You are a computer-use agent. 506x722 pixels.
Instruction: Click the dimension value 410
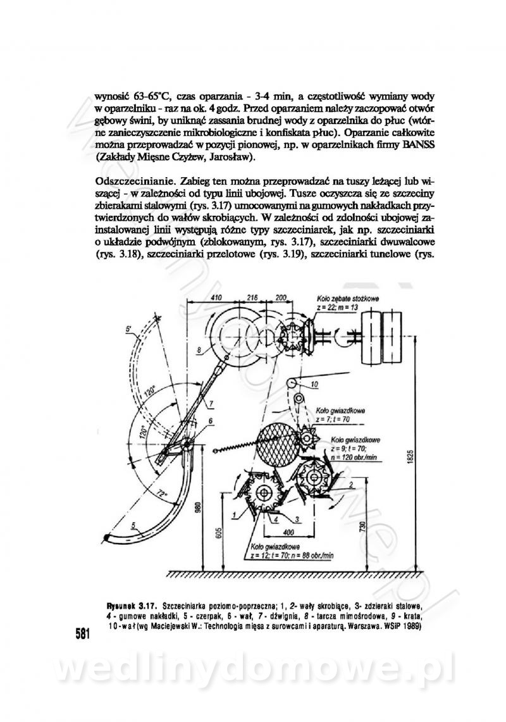[x=216, y=297]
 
